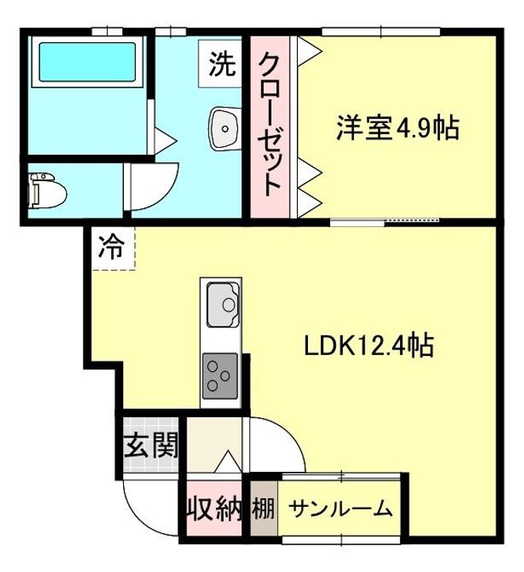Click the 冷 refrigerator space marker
[111, 248]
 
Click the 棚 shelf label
[264, 508]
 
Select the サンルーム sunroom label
[340, 508]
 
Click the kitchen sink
[223, 303]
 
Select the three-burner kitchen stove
[222, 377]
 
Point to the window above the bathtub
[106, 31]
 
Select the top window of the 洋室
[380, 31]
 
